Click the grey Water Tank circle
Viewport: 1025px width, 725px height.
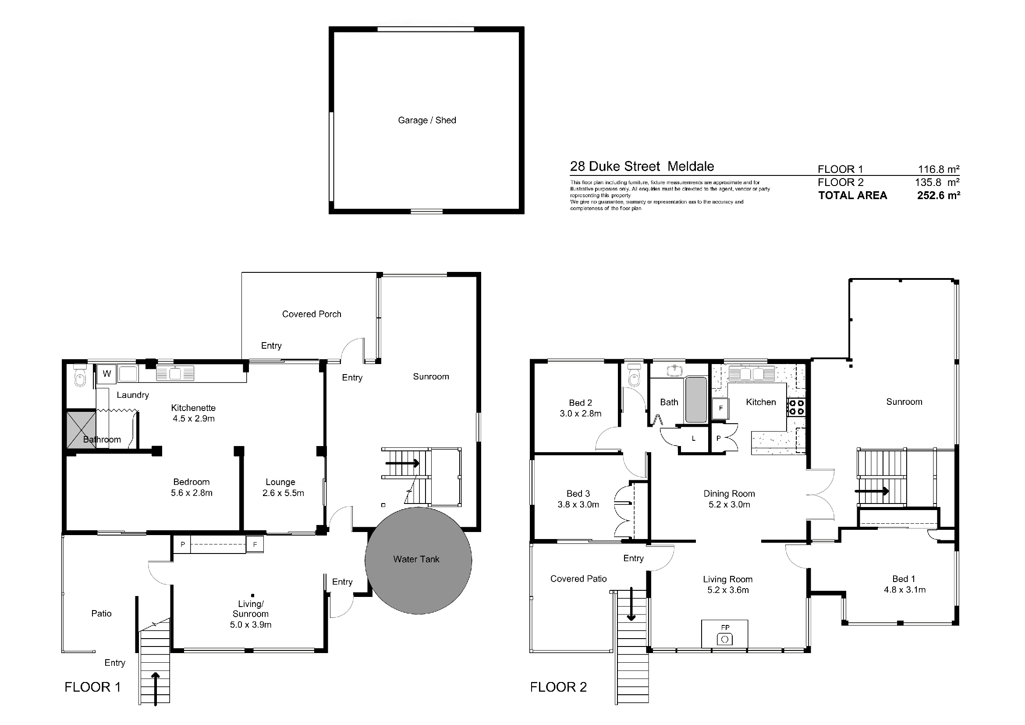[x=419, y=561]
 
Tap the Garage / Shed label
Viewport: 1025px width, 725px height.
[x=427, y=120]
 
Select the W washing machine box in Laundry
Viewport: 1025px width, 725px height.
[x=106, y=374]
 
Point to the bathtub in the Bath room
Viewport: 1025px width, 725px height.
[x=696, y=400]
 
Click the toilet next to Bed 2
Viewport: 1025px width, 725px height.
[x=634, y=375]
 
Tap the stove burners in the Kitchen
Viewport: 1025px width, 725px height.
[x=795, y=407]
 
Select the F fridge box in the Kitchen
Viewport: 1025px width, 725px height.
[x=720, y=408]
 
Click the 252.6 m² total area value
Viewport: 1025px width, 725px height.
[x=938, y=195]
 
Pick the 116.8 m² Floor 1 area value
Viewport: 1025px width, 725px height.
[x=938, y=169]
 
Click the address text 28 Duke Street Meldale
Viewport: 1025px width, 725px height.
[x=642, y=166]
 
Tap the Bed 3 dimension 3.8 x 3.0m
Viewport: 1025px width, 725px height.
[x=578, y=504]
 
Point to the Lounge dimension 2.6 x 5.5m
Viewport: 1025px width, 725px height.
[x=283, y=493]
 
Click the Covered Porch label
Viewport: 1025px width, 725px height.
[x=312, y=314]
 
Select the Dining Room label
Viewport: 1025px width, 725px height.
[x=729, y=493]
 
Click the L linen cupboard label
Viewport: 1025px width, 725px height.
[x=693, y=439]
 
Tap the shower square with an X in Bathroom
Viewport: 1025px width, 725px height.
[x=81, y=430]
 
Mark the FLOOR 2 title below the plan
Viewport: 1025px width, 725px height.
[x=558, y=687]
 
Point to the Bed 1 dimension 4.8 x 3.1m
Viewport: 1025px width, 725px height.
[x=904, y=589]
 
